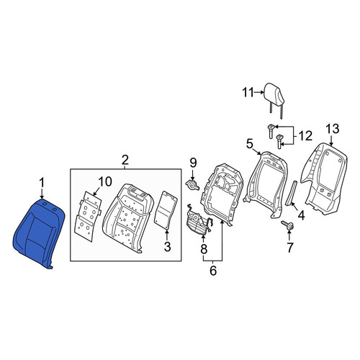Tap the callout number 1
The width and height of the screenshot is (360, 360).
[x=42, y=183]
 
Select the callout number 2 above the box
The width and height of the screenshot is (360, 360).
[x=125, y=160]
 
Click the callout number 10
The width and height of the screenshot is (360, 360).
[x=104, y=181]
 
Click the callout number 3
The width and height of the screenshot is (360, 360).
[x=167, y=246]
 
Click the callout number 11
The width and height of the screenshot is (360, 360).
[x=248, y=93]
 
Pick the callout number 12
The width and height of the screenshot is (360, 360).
[x=305, y=136]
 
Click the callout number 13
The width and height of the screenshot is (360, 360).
[x=333, y=129]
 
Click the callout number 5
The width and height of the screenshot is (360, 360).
[x=250, y=144]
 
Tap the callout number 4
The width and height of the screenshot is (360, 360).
[x=301, y=215]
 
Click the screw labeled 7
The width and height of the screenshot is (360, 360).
[x=288, y=225]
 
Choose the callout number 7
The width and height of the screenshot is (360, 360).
[x=289, y=248]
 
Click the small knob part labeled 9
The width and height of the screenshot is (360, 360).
[x=192, y=185]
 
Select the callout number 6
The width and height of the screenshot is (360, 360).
[x=213, y=271]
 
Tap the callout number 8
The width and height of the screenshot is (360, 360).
[x=204, y=249]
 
